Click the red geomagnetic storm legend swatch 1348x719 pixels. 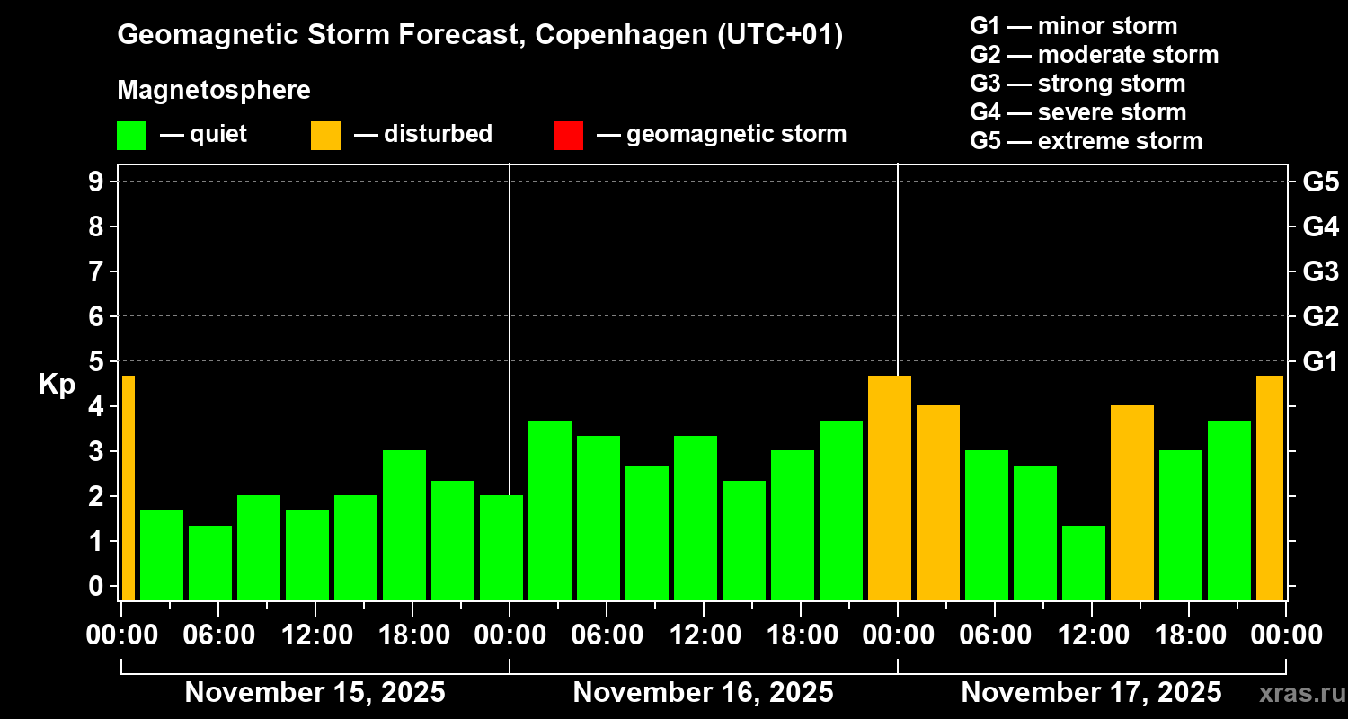tap(568, 136)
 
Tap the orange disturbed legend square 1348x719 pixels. tap(325, 136)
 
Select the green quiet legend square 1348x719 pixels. tap(131, 136)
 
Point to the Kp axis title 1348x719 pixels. tap(57, 385)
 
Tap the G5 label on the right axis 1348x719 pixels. tap(1320, 182)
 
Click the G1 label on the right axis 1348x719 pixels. tap(1320, 362)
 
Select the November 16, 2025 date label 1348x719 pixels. tap(703, 693)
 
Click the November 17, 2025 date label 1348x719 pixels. tap(1091, 693)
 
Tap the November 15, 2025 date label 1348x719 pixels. tap(315, 693)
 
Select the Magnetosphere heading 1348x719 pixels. tap(214, 91)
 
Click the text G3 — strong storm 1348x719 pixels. tap(1078, 84)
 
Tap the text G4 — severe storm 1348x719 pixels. tap(1078, 112)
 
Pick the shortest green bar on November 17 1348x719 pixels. tap(1084, 563)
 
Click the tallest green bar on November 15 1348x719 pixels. tap(404, 525)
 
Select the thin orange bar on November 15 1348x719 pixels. tap(128, 487)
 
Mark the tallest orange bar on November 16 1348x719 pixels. tap(890, 487)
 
